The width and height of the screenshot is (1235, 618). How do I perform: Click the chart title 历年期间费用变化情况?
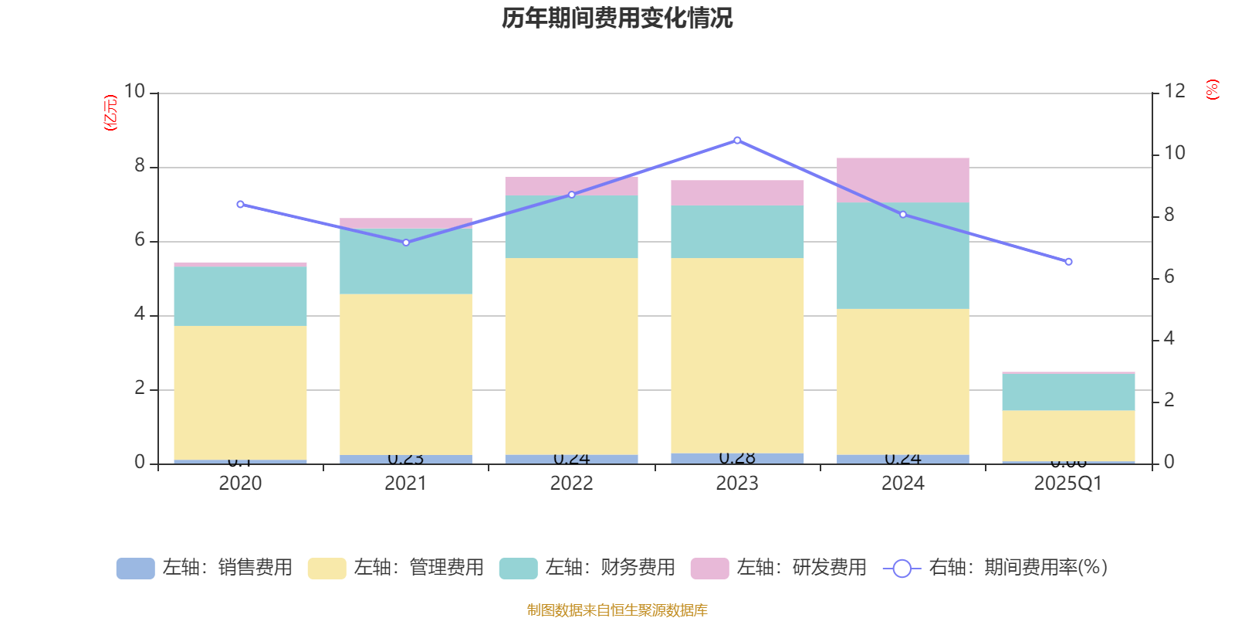617,18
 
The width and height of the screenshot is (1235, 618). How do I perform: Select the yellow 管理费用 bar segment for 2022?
571,355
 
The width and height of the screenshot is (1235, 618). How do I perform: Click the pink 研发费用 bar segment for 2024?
902,179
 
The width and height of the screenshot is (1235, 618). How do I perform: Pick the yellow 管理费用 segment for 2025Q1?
1068,436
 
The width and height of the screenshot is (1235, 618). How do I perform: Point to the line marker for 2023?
737,140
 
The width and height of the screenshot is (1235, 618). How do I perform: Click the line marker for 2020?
240,204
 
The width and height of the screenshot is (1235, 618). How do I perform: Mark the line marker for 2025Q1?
1068,262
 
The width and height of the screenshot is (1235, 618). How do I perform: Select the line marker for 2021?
406,243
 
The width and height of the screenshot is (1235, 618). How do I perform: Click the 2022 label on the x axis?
571,484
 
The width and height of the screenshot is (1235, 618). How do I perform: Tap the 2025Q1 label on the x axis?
1068,484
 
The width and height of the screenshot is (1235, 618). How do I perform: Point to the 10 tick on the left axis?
134,92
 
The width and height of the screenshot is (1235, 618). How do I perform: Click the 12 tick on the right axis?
1174,91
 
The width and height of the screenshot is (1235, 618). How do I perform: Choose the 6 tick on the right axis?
1169,277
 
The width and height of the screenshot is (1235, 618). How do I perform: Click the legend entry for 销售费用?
205,568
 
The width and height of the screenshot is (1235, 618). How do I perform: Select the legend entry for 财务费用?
587,568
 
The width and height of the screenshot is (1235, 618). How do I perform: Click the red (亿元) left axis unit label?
110,113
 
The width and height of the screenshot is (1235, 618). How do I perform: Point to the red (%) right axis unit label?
1212,90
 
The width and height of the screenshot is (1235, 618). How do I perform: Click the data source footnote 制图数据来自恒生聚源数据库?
617,610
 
